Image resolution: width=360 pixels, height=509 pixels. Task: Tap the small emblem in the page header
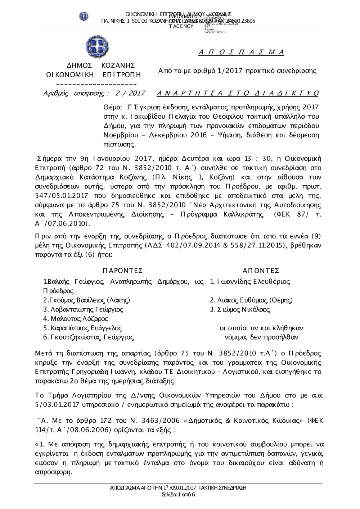[84, 16]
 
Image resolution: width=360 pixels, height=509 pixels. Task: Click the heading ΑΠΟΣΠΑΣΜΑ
[242, 53]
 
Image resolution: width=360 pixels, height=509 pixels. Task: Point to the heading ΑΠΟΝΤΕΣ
[261, 271]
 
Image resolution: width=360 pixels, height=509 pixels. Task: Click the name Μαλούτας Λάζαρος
[76, 319]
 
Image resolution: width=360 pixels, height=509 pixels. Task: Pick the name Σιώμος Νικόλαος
[240, 309]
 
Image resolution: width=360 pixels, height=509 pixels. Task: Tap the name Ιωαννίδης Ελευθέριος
[250, 281]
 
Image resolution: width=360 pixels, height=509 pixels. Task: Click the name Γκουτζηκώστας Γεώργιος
[89, 337]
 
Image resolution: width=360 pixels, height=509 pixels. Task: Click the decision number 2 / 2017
[130, 94]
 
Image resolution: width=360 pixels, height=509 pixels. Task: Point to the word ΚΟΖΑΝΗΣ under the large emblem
[118, 65]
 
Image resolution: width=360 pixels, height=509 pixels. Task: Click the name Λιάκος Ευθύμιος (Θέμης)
[251, 300]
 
